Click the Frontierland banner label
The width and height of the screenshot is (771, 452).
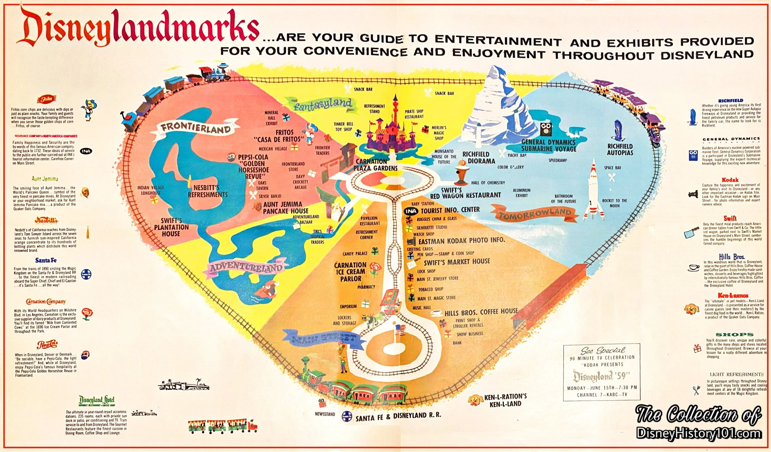[196, 128]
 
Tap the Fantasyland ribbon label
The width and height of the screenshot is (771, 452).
[322, 104]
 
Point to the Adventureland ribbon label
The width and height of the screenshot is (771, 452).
[246, 268]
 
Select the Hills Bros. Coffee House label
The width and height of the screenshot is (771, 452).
[481, 312]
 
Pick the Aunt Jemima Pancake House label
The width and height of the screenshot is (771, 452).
[285, 208]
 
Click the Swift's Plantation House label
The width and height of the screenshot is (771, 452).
[171, 227]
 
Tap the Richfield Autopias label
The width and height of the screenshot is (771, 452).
[620, 149]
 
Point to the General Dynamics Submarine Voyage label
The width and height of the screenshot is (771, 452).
[549, 145]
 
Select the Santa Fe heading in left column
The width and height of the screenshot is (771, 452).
[46, 260]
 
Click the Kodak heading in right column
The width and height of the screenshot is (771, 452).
[730, 180]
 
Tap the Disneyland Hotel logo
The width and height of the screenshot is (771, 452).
[97, 401]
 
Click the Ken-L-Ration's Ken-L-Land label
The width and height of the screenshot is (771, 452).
[505, 400]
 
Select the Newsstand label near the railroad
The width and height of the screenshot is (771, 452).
[325, 414]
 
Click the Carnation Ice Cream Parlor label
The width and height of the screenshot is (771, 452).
[350, 272]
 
